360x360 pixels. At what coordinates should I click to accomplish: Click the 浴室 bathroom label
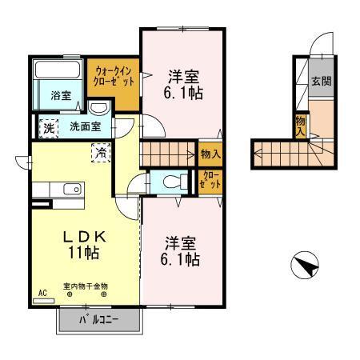[61, 95]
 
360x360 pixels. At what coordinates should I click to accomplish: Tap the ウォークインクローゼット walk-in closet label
[114, 76]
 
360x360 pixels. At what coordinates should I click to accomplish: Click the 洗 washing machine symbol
[49, 126]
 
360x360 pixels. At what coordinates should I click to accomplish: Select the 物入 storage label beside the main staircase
[210, 152]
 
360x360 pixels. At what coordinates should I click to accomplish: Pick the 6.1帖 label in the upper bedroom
[183, 94]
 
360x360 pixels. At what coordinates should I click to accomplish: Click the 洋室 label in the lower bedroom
[182, 242]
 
